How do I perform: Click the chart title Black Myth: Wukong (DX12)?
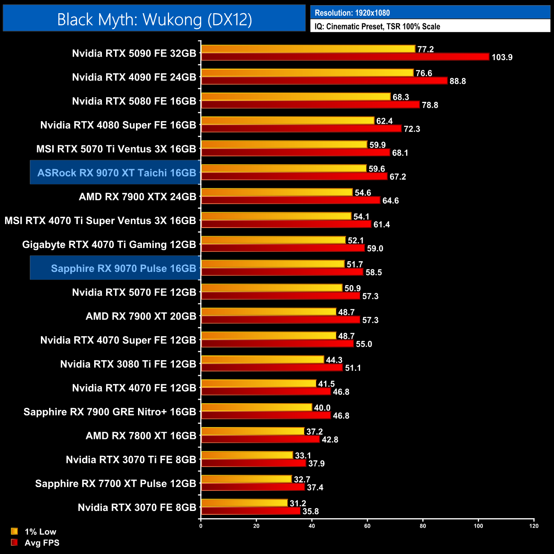click(x=154, y=20)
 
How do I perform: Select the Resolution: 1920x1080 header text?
click(x=352, y=13)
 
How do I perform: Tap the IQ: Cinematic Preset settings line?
click(x=377, y=26)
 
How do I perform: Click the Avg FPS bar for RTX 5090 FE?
click(x=345, y=57)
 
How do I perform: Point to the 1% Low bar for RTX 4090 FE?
click(x=307, y=73)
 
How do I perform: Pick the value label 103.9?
click(x=502, y=57)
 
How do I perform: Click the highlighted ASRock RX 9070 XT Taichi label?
click(x=116, y=173)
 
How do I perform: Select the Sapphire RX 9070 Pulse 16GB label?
click(x=124, y=268)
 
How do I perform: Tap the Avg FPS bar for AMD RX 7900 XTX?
click(x=291, y=200)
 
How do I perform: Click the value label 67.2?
click(x=398, y=177)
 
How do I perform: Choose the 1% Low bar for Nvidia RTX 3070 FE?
click(x=244, y=503)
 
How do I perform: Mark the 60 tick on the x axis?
click(x=367, y=526)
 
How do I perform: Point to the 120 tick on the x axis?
click(x=534, y=526)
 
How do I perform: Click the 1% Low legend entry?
click(x=40, y=531)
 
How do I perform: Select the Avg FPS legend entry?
click(x=42, y=542)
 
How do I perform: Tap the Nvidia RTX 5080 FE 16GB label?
click(x=134, y=101)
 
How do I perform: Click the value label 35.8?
click(x=311, y=511)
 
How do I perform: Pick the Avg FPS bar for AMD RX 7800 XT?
click(x=260, y=439)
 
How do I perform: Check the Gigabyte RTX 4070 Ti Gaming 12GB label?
click(x=109, y=245)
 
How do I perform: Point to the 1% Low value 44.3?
click(x=334, y=360)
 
